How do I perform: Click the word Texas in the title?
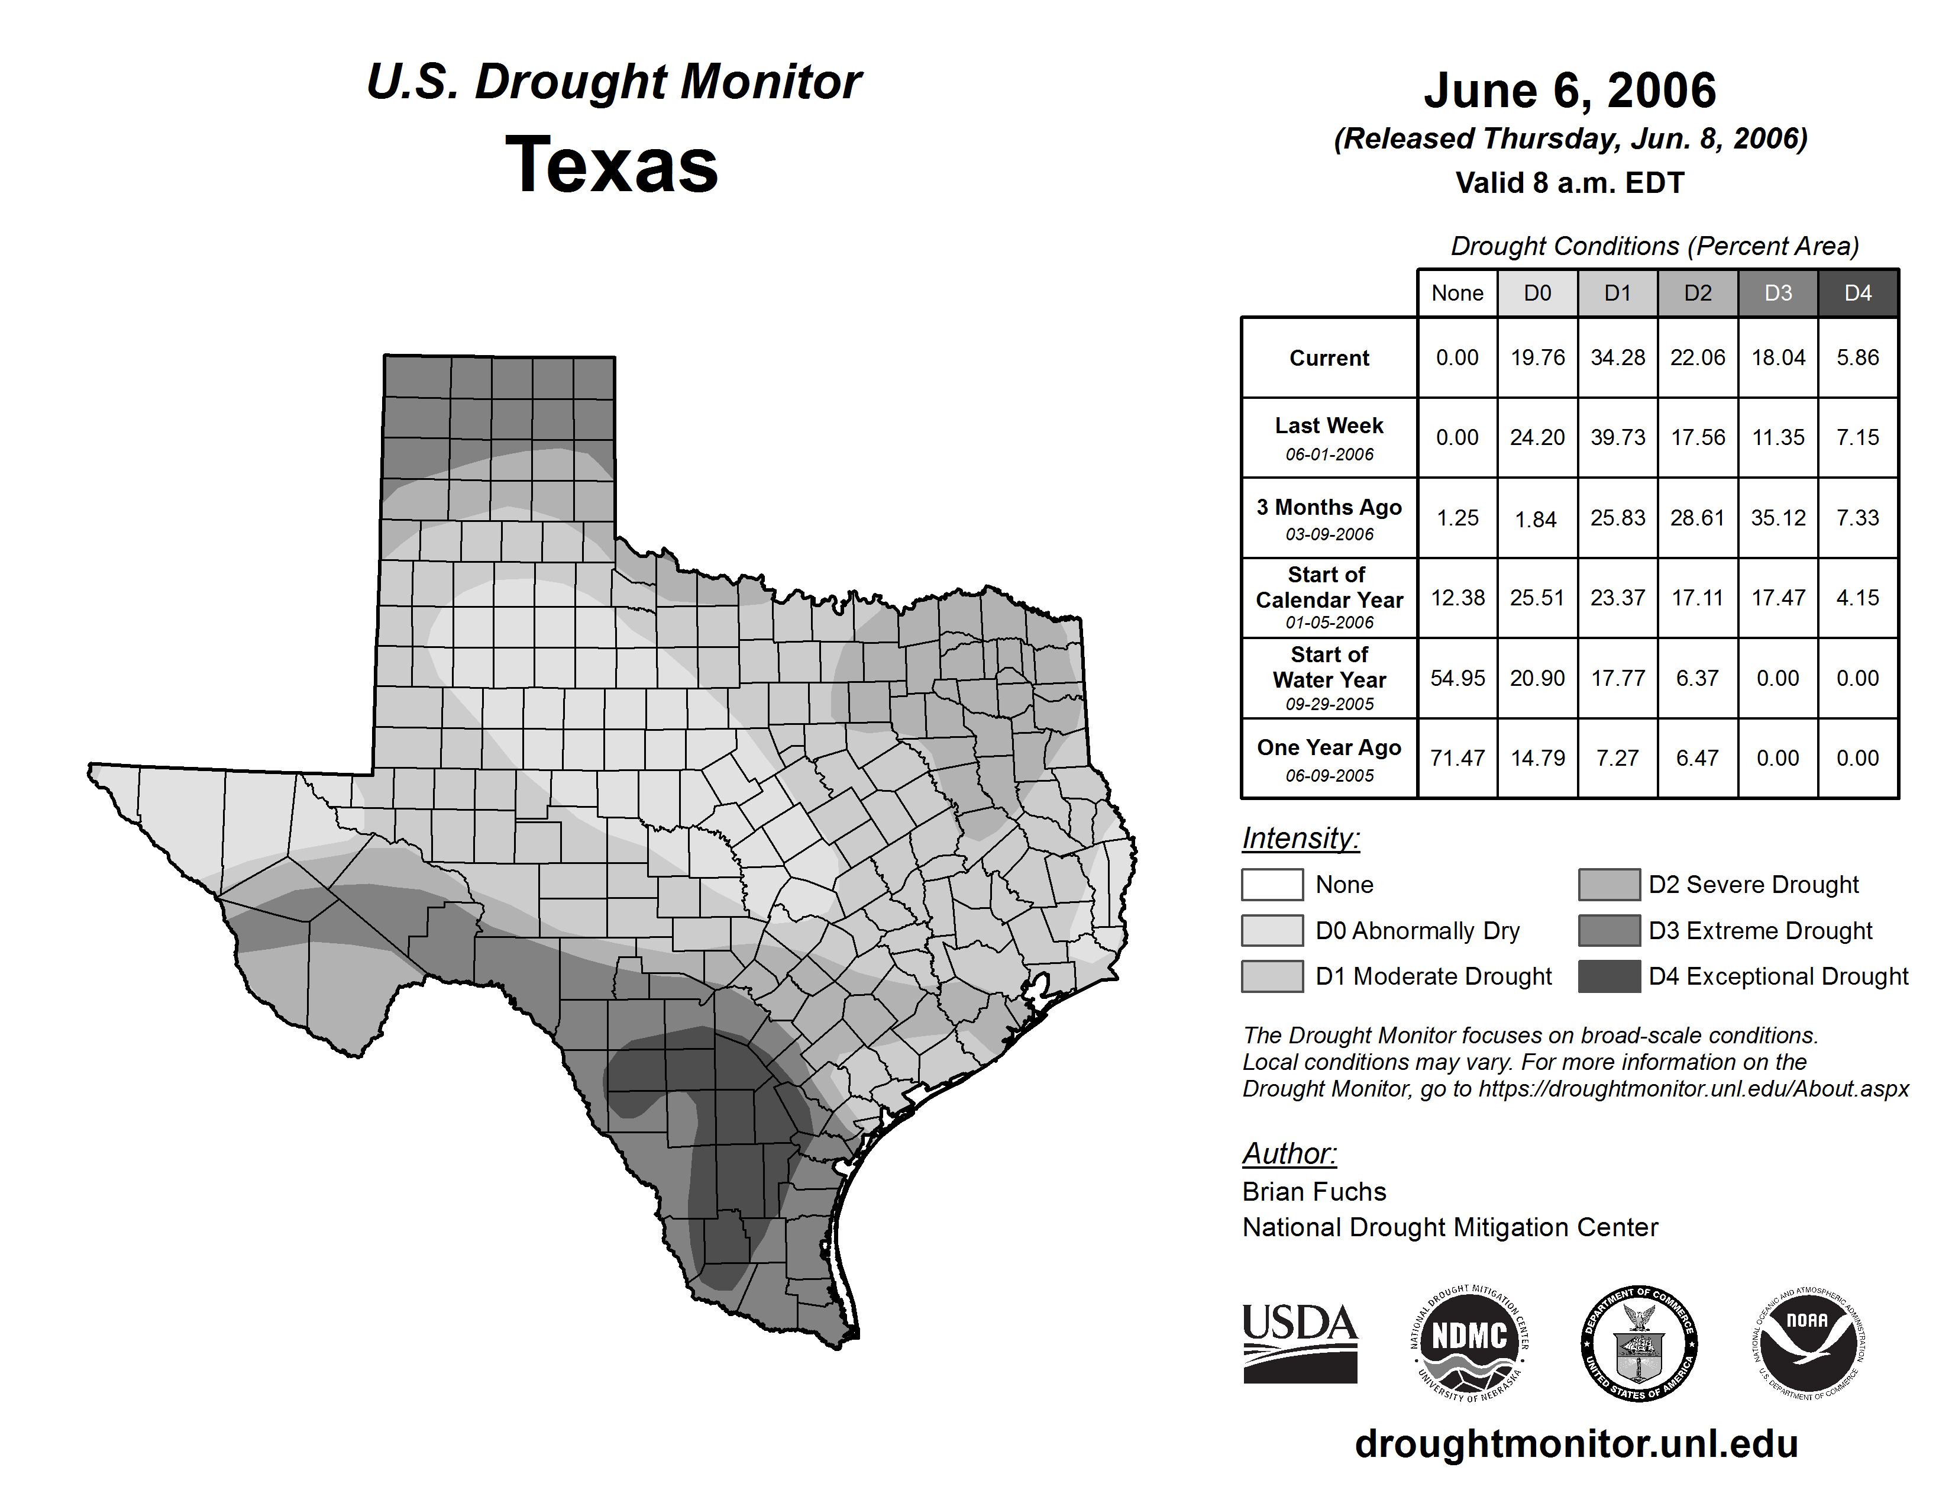612,165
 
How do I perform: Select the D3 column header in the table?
1778,293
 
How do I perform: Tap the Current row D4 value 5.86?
1857,357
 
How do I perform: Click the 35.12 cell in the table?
1778,518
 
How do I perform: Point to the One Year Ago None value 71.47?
1457,758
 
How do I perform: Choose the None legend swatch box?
1272,884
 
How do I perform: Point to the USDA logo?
1300,1343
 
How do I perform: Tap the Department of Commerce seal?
1638,1343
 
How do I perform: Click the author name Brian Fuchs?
1314,1192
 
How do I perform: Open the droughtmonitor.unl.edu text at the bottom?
1576,1444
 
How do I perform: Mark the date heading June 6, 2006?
1569,91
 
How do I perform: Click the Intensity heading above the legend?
1300,839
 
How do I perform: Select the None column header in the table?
1457,293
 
